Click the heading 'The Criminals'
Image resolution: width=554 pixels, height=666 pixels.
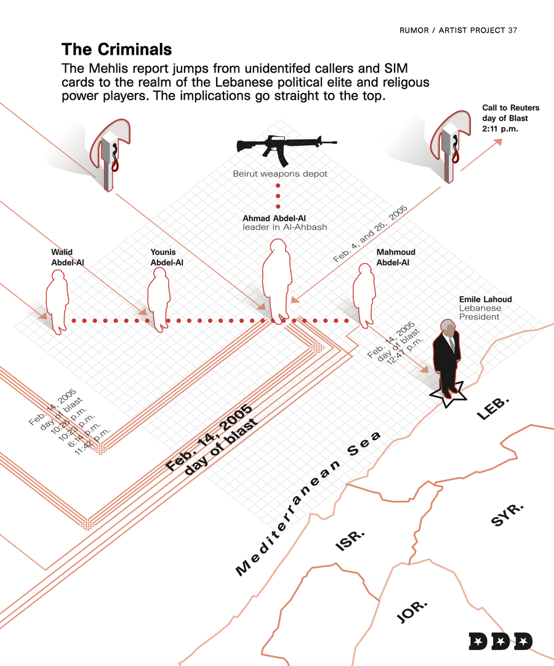click(116, 49)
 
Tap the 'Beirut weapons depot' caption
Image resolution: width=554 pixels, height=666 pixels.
click(280, 174)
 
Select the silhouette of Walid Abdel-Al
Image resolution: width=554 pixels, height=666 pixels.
click(57, 302)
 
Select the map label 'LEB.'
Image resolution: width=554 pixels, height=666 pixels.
click(493, 408)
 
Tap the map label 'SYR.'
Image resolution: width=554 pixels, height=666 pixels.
click(507, 514)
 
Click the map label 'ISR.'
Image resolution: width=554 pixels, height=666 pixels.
click(350, 540)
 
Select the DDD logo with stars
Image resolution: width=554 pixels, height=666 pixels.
click(500, 641)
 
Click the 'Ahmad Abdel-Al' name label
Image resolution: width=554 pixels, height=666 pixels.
click(274, 219)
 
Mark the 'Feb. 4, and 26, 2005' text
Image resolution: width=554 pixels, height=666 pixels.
click(370, 235)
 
